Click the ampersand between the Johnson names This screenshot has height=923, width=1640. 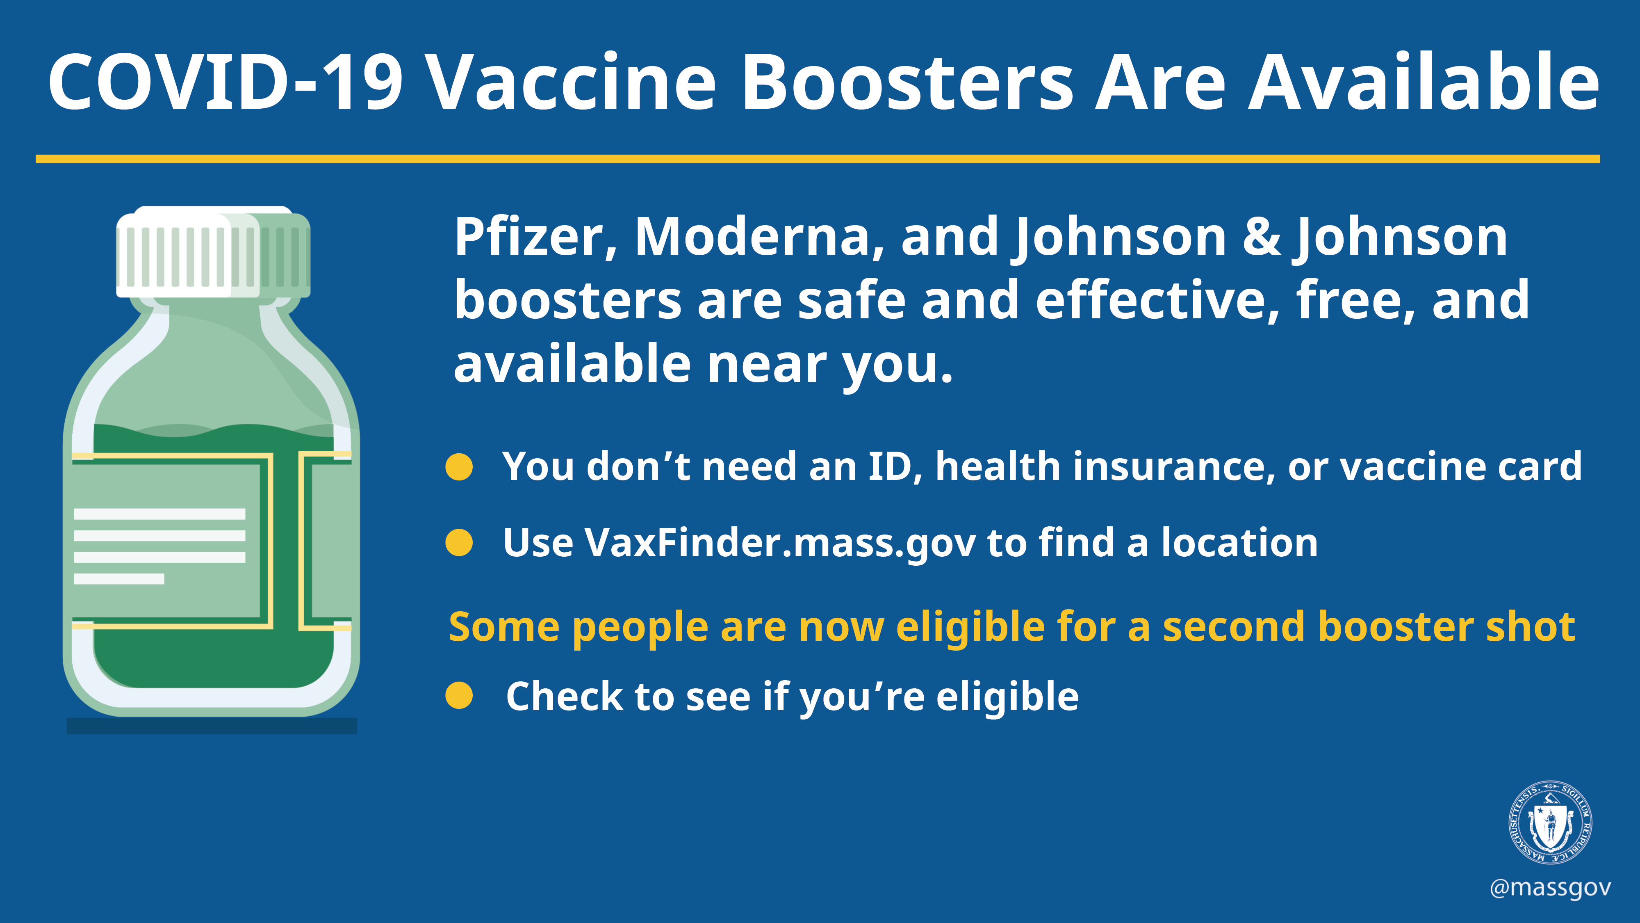tap(1262, 237)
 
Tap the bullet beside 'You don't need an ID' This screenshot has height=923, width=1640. tap(459, 467)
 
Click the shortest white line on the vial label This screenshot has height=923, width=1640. tap(119, 578)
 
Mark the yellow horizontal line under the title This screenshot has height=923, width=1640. tap(818, 159)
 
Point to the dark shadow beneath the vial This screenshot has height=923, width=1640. tap(212, 726)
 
